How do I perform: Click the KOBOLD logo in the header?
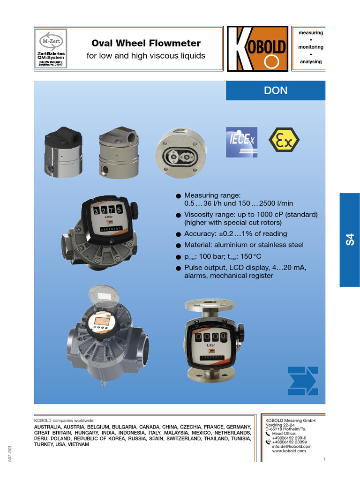click(257, 49)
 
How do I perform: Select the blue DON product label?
click(276, 90)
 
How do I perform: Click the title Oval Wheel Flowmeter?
click(146, 44)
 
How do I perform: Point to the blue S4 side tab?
click(349, 240)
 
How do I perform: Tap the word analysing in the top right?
click(311, 62)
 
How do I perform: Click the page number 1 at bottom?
click(324, 459)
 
